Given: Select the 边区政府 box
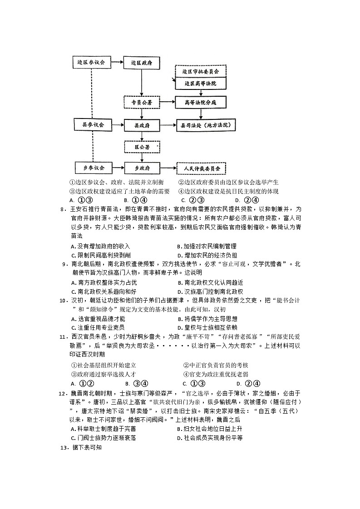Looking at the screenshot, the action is point(141,63).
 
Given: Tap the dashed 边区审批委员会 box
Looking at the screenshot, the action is point(201,72).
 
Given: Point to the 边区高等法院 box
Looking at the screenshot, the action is point(201,84).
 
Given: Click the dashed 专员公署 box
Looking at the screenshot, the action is point(142,103).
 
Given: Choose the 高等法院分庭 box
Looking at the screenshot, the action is point(201,103).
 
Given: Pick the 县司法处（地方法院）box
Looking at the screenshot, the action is point(207,124).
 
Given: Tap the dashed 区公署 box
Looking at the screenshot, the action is point(142,146).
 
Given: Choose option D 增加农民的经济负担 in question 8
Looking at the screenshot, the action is point(207,255).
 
